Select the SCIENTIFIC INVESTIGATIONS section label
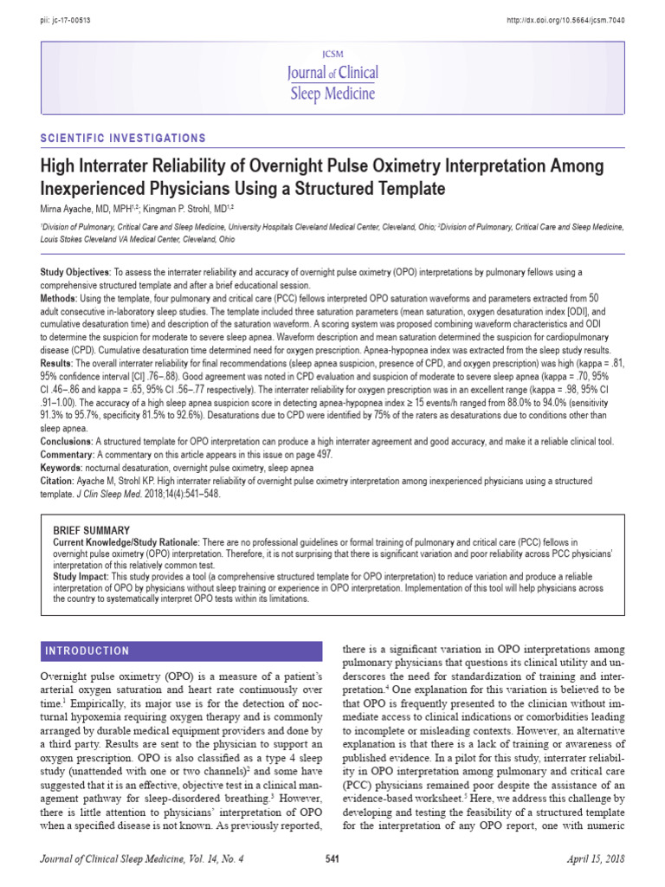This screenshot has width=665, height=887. click(124, 139)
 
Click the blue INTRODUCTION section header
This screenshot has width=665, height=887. click(87, 651)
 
